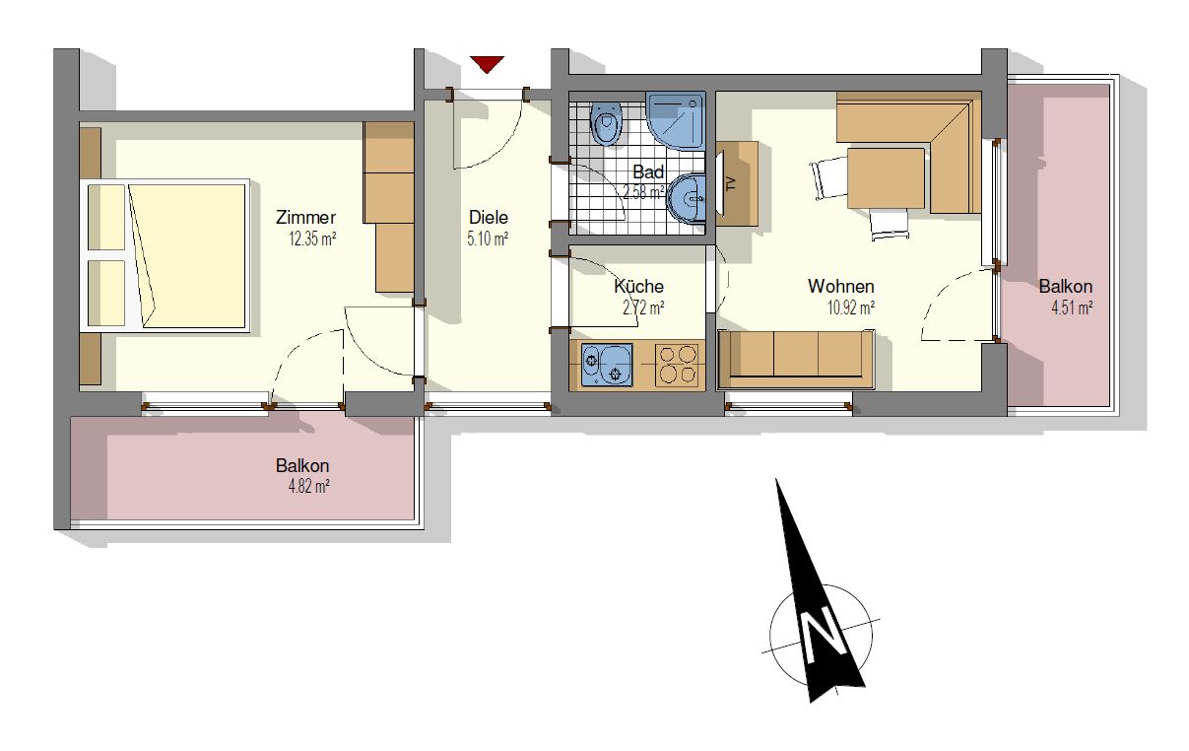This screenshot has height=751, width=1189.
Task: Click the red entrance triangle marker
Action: tap(487, 64)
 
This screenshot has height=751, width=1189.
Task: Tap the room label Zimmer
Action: tap(305, 217)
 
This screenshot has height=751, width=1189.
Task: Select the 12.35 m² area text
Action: tap(312, 239)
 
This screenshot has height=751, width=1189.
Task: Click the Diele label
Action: tap(489, 217)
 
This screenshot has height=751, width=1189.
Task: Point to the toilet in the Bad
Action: tap(607, 123)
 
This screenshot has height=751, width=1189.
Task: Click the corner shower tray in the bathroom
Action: tap(676, 121)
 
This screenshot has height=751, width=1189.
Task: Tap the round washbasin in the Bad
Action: tap(687, 200)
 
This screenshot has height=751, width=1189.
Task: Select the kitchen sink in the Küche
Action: tap(607, 365)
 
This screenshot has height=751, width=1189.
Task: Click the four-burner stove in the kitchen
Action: tap(678, 365)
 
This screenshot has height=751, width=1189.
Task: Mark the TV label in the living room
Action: tap(731, 183)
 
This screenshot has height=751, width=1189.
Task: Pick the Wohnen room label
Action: tap(841, 286)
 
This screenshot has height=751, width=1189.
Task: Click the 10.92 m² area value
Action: tap(851, 307)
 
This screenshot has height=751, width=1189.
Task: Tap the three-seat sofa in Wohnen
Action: tap(795, 360)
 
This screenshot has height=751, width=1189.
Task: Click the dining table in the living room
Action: tap(886, 178)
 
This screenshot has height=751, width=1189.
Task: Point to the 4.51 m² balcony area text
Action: tap(1072, 308)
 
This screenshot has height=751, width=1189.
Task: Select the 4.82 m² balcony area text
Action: tap(308, 487)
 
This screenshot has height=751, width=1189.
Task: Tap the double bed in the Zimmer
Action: tap(165, 255)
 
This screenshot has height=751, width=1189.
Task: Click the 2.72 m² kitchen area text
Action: tap(643, 307)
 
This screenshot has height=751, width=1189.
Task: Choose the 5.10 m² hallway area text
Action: tap(488, 239)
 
